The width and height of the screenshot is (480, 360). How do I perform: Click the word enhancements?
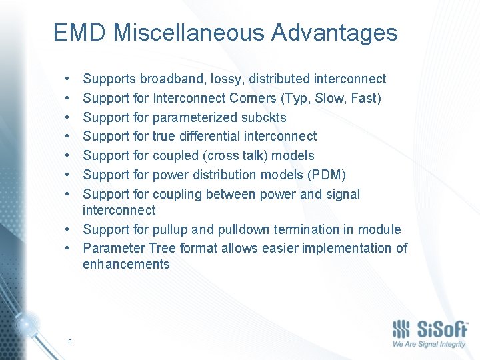pyautogui.click(x=126, y=264)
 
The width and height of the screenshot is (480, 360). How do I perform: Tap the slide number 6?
pyautogui.click(x=69, y=341)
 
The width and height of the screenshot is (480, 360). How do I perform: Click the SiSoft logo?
pyautogui.click(x=429, y=331)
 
